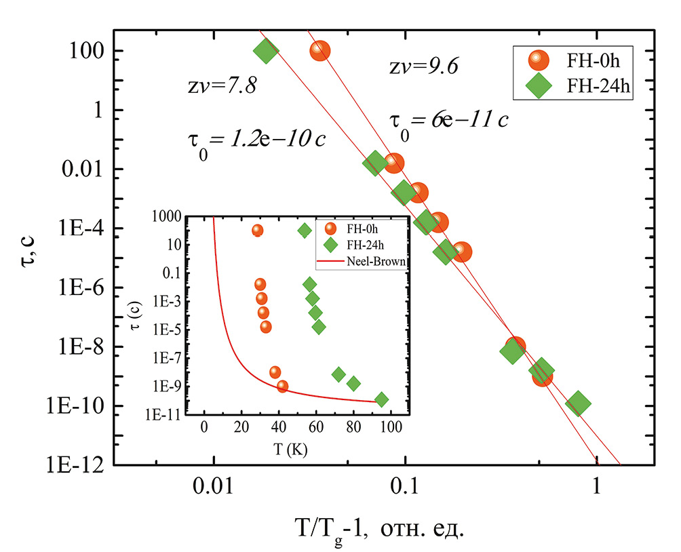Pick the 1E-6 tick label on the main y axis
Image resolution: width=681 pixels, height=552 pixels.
coord(81,288)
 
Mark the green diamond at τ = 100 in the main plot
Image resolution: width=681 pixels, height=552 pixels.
coord(266,50)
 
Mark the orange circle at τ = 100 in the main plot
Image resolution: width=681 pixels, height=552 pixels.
coord(320,51)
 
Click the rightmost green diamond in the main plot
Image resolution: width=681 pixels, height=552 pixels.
coord(578,403)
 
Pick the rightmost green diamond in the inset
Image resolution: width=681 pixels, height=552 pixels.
coord(382,399)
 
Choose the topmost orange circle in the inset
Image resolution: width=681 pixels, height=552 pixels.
coord(257,231)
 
